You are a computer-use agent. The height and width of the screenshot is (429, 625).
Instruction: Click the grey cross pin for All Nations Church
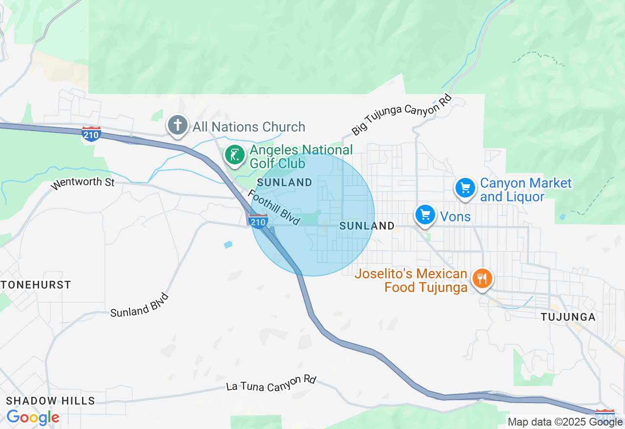pos(178,125)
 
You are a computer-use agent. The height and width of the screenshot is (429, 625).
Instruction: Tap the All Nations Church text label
pos(249,127)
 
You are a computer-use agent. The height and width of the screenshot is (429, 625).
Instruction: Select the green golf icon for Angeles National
pos(235,155)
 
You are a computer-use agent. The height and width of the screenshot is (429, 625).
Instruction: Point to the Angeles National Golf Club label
pos(301,156)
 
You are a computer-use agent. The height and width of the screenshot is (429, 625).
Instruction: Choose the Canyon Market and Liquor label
pos(525,190)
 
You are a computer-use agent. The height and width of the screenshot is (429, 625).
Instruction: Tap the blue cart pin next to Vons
pos(425,214)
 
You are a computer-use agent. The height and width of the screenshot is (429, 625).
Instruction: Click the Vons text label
pos(455,216)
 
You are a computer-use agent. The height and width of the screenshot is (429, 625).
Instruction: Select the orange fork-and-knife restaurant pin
pos(482,279)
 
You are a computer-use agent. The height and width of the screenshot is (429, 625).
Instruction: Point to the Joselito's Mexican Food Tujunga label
pos(411,281)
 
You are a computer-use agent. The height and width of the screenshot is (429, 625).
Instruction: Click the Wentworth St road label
pos(83,183)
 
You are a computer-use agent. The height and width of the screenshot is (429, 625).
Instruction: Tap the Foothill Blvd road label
pos(274,207)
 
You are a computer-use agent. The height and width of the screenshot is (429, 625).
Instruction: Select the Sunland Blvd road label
pos(139,306)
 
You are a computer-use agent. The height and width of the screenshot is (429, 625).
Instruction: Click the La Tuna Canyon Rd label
pos(271,384)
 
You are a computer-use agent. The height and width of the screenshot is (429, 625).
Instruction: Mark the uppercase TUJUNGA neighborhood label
pos(568,317)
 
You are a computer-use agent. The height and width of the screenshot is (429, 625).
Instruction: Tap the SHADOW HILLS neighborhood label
pos(50,401)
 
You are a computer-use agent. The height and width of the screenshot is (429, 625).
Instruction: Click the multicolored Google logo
pos(33,417)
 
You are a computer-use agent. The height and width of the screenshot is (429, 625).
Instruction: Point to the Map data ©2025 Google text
pos(565,422)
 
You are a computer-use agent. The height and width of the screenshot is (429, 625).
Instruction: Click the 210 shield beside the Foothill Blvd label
pos(258,221)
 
